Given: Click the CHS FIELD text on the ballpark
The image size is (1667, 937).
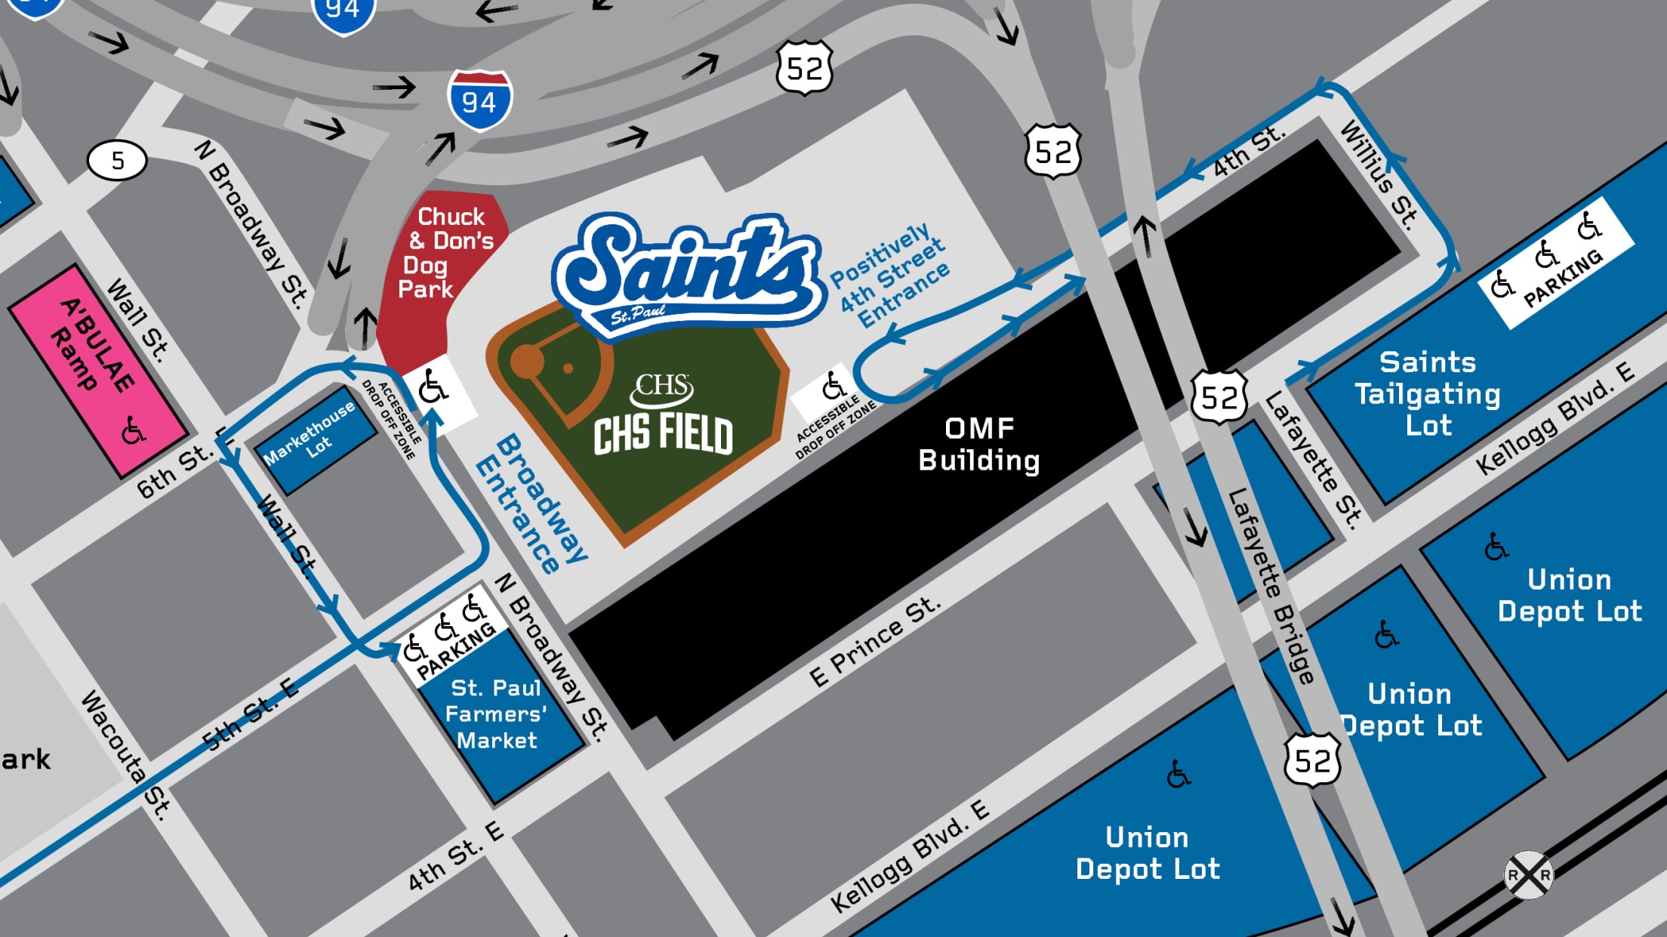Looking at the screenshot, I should tap(663, 434).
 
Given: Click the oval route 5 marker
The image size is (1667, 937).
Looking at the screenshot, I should tap(117, 160).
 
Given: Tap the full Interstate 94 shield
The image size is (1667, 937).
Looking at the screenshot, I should tap(480, 100).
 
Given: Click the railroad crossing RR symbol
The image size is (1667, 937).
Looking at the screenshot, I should tap(1529, 875).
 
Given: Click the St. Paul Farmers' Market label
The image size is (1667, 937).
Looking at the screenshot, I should tap(496, 714).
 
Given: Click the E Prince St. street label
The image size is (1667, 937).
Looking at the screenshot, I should tap(875, 642).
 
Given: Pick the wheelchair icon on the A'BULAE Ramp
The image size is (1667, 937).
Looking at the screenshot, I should tap(134, 431).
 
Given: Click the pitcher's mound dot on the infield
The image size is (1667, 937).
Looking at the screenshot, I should tap(568, 368).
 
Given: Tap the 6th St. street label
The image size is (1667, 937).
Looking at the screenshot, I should tap(174, 472).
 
